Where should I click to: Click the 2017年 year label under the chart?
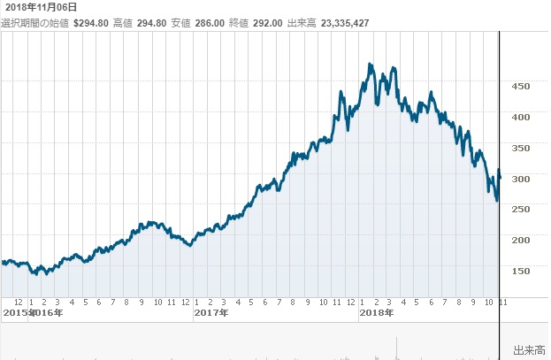click(x=211, y=313)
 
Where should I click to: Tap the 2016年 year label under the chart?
click(x=46, y=313)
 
